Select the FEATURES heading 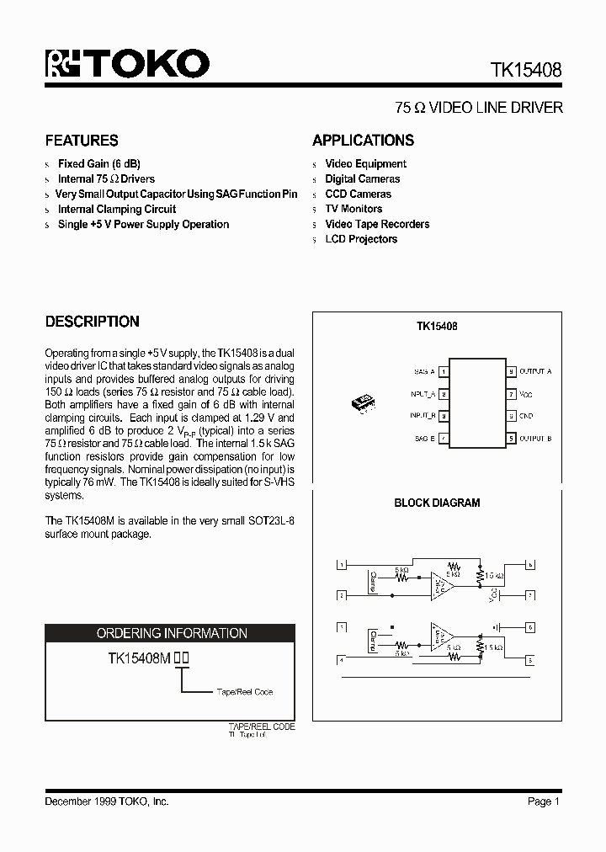point(82,141)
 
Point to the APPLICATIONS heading point(363,141)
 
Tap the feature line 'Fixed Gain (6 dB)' point(99,164)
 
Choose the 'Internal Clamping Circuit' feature point(117,210)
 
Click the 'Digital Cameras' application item point(362,179)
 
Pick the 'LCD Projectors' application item point(361,239)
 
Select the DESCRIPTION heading point(92,322)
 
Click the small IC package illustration point(364,402)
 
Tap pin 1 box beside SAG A point(444,371)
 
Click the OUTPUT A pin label point(535,371)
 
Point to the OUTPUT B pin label point(535,438)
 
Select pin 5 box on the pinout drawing point(511,438)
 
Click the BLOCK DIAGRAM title point(437,503)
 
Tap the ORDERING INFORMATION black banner point(171,633)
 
